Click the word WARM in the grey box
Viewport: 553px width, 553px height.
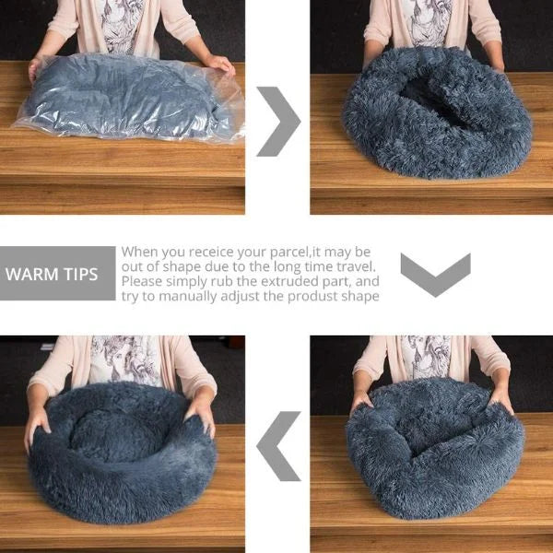pyautogui.click(x=31, y=275)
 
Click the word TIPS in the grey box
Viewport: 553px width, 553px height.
pyautogui.click(x=81, y=275)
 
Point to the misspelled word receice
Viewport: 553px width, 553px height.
pyautogui.click(x=211, y=253)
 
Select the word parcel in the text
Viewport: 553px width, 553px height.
pyautogui.click(x=289, y=253)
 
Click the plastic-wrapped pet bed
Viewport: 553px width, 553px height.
pyautogui.click(x=129, y=97)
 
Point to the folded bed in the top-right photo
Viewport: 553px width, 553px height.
pyautogui.click(x=437, y=112)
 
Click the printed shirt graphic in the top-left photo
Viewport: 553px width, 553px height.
pyautogui.click(x=122, y=26)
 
